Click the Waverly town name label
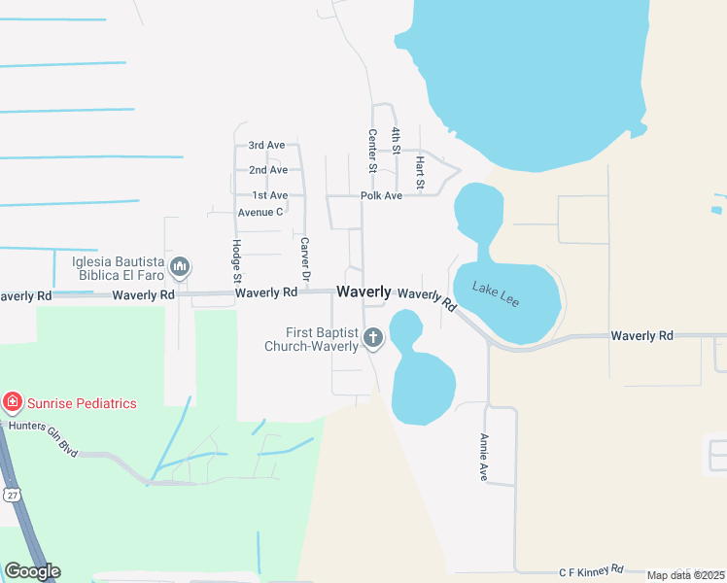point(363,291)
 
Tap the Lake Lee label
point(496,293)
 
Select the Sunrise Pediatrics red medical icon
point(13,402)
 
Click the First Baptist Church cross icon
point(373,338)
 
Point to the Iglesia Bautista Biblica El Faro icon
point(180,266)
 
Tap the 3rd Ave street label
point(266,145)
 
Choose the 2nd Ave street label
point(268,170)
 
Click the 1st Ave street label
point(269,195)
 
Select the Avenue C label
point(260,212)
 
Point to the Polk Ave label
point(381,195)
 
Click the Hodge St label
point(236,259)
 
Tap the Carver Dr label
point(304,261)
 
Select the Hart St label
point(420,171)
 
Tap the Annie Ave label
point(482,458)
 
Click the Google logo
point(32,571)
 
